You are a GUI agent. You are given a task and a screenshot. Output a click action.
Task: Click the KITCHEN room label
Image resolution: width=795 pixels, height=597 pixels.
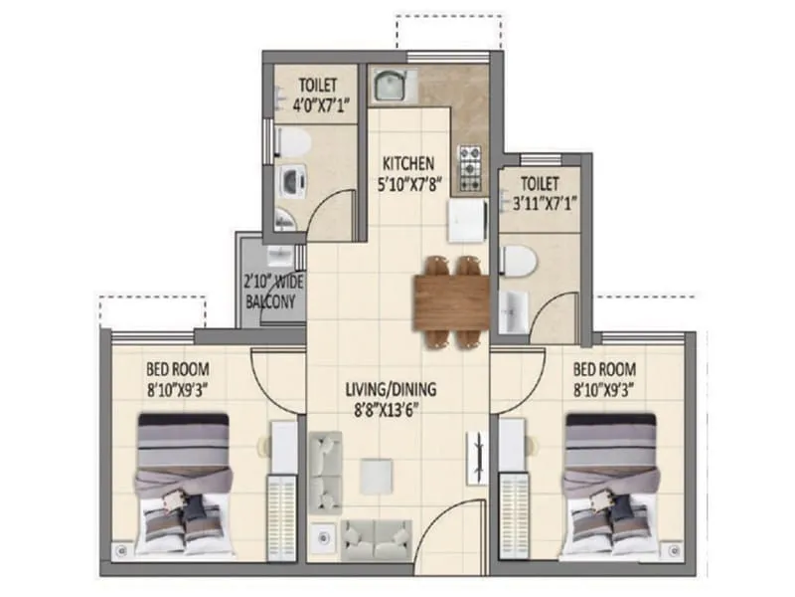coord(408,163)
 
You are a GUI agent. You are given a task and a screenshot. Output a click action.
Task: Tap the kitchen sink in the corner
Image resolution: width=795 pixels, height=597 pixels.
coord(389,88)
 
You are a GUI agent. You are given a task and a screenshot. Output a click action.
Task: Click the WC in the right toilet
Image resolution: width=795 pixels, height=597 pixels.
coord(519,262)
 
